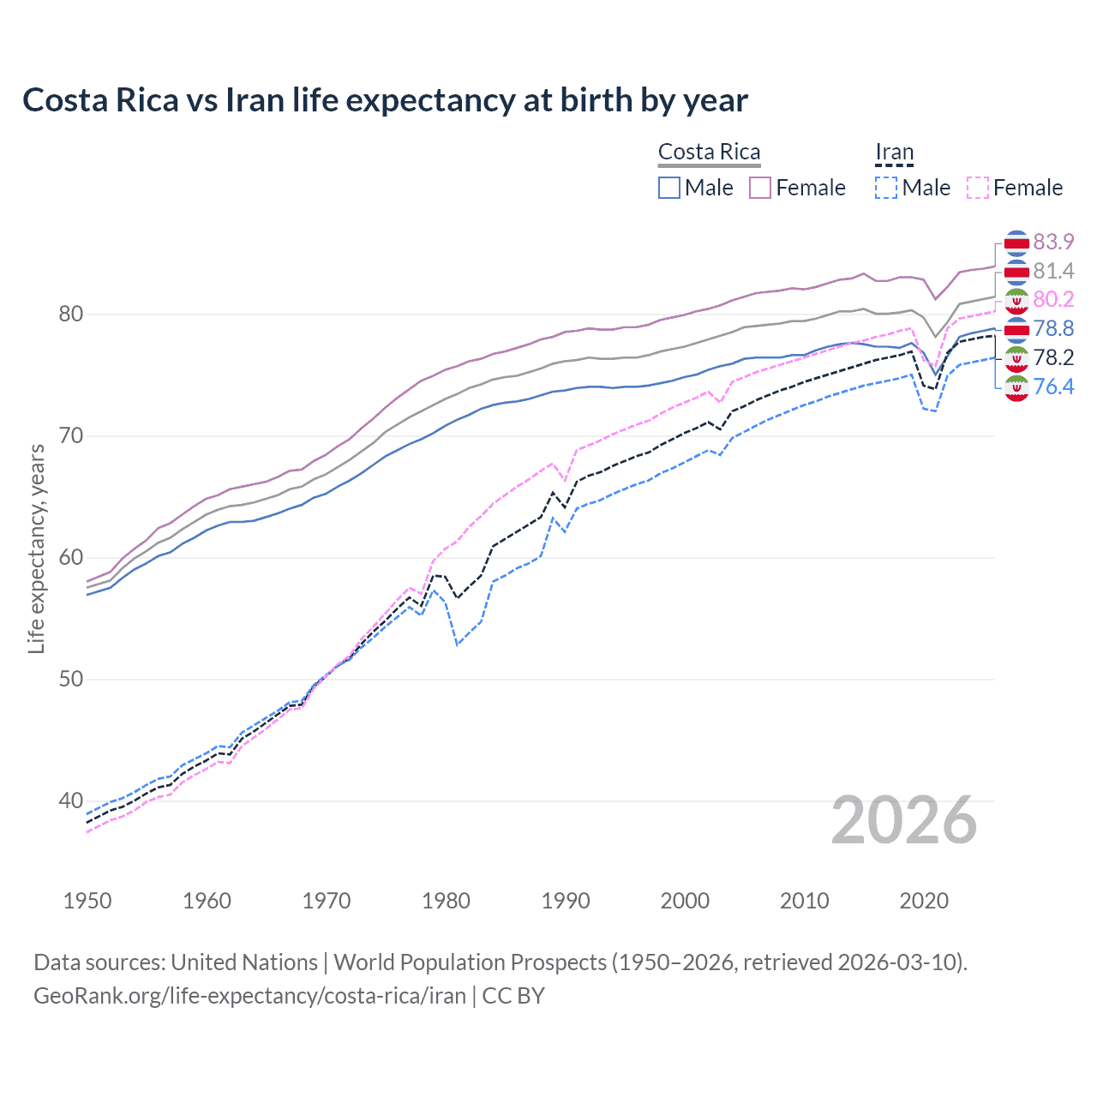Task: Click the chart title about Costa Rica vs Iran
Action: point(385,100)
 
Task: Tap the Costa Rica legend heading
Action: point(709,153)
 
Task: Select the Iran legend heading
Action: point(894,153)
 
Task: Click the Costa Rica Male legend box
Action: point(669,188)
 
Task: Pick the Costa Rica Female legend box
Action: point(760,188)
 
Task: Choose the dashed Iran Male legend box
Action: point(886,188)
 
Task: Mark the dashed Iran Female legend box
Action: point(978,188)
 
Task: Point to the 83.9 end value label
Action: point(1053,242)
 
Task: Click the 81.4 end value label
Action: point(1053,271)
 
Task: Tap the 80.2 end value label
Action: point(1053,299)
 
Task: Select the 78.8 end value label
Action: point(1053,328)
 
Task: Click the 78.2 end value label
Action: point(1053,357)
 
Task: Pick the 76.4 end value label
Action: point(1053,387)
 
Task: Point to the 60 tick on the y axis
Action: point(70,558)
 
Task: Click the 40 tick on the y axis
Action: point(70,801)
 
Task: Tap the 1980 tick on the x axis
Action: point(446,901)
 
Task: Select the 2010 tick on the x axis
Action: point(804,901)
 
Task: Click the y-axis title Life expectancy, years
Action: point(36,548)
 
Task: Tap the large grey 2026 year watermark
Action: point(903,820)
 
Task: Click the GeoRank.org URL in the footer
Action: point(249,996)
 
